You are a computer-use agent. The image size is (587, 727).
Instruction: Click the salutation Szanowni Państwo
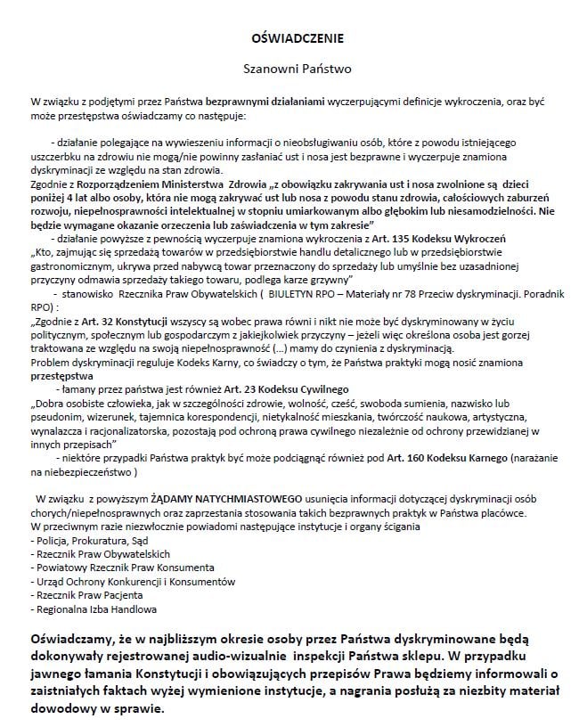tap(293, 68)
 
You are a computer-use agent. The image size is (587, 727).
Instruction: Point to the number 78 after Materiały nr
tap(413, 291)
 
